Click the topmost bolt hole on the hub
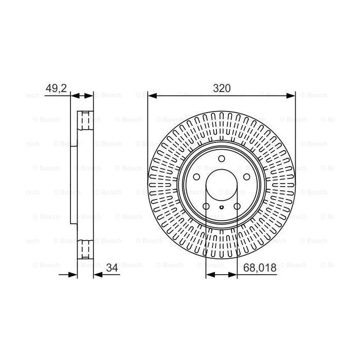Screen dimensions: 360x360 [x=221, y=159]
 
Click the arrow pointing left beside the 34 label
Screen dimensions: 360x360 [x=99, y=275]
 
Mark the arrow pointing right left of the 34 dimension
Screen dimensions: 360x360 [x=73, y=275]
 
